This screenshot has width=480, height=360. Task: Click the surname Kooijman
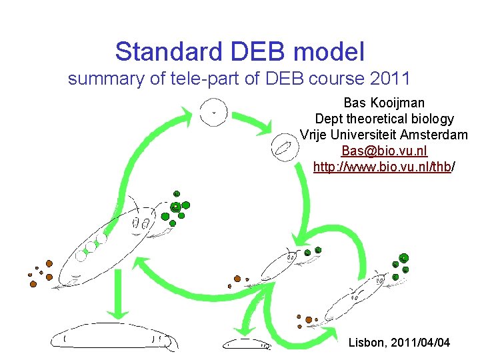point(399,103)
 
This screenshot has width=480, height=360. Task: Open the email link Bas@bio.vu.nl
point(384,151)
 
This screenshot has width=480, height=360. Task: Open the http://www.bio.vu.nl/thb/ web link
point(384,167)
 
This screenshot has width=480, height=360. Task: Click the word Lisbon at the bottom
point(366,343)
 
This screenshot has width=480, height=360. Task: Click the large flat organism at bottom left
point(112,337)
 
